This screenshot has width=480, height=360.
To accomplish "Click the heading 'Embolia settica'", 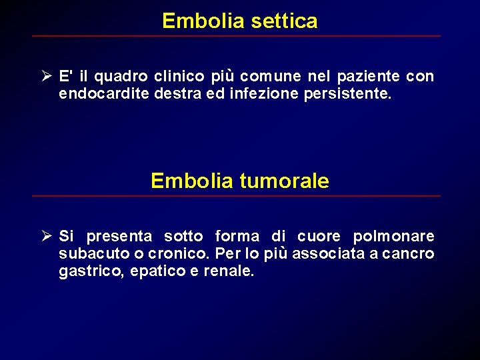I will tap(239, 21).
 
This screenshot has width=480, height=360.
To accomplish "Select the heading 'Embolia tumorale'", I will tap(239, 181).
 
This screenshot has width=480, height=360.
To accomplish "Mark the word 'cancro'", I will tap(409, 254).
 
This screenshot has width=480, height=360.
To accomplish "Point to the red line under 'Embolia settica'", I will tap(236, 36).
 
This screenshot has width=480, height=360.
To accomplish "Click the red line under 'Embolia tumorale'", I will tap(236, 196).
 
